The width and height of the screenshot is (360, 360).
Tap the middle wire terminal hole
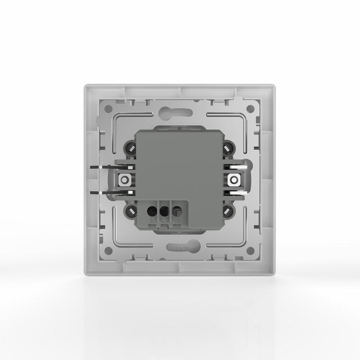[x=164, y=210]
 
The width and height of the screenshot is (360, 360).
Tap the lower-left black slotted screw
[x=132, y=211]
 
